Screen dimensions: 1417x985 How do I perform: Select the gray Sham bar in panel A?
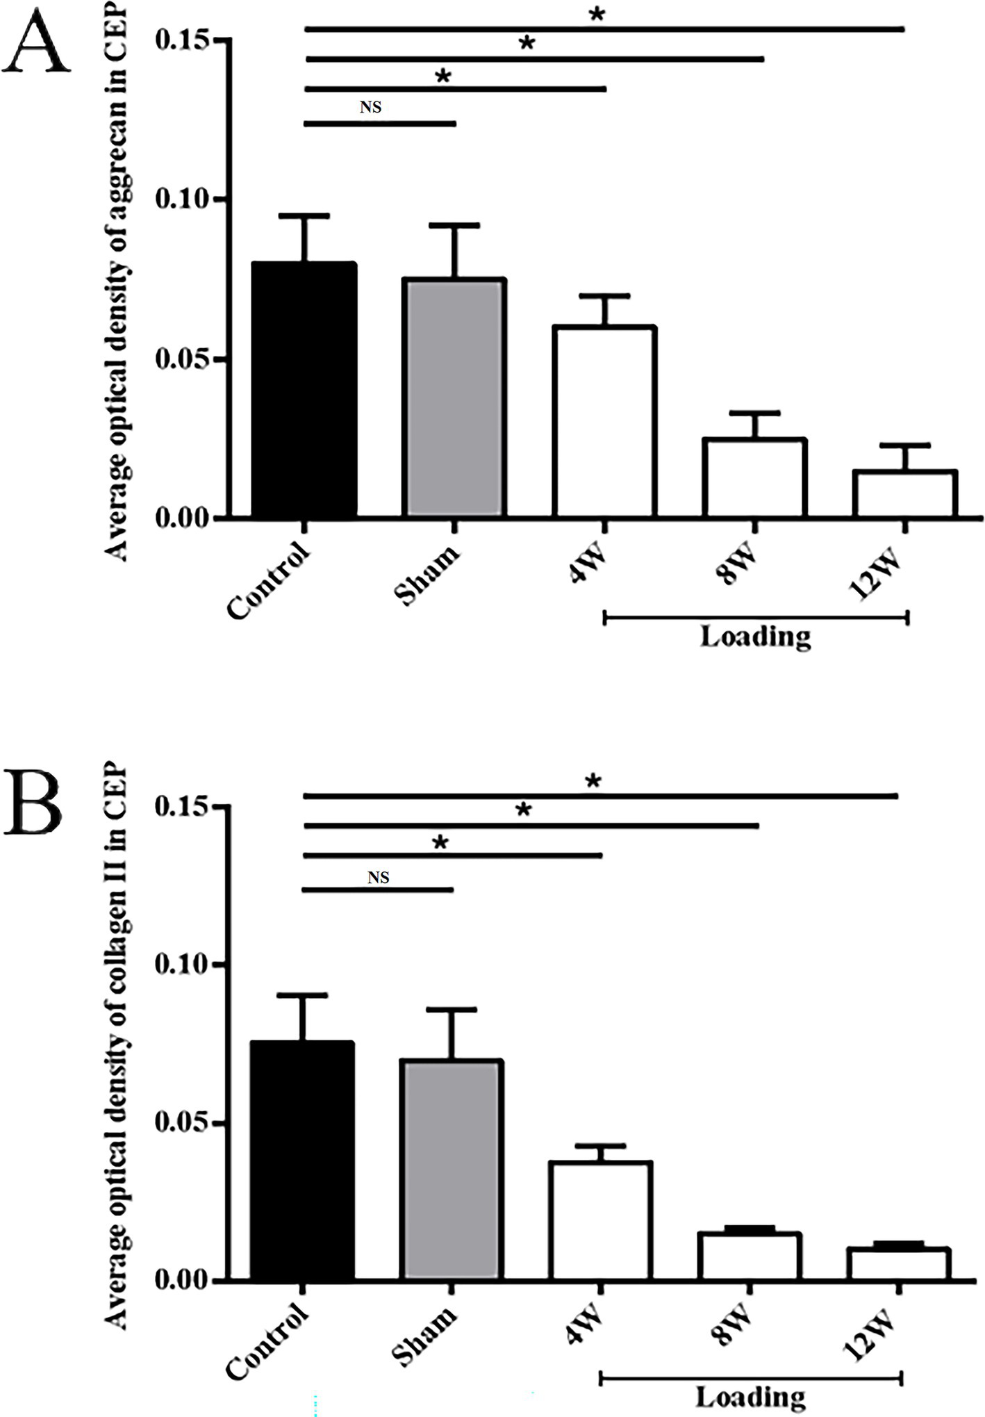(454, 398)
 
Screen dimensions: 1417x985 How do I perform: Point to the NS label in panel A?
(371, 107)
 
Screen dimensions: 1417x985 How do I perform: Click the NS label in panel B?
(378, 878)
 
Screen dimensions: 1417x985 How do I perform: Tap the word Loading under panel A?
(756, 637)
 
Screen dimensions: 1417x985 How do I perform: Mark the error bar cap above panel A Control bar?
(304, 216)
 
